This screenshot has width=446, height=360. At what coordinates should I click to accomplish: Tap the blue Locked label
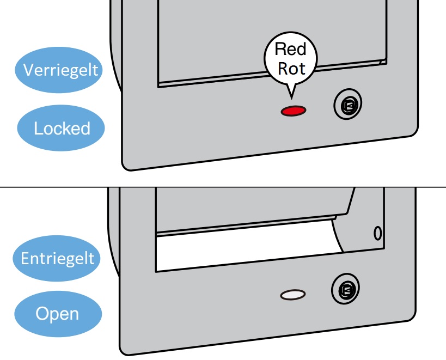pyautogui.click(x=61, y=129)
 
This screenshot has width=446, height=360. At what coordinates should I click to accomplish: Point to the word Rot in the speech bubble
pyautogui.click(x=291, y=69)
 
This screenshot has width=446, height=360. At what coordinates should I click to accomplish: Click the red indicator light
pyautogui.click(x=293, y=111)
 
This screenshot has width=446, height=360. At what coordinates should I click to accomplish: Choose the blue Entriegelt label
pyautogui.click(x=57, y=258)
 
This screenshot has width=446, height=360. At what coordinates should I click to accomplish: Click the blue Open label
pyautogui.click(x=58, y=314)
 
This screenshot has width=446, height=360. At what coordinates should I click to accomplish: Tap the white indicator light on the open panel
pyautogui.click(x=293, y=295)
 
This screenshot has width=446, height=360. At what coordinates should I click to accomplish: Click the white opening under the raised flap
pyautogui.click(x=245, y=251)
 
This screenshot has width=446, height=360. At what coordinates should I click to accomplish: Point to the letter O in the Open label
pyautogui.click(x=41, y=314)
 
